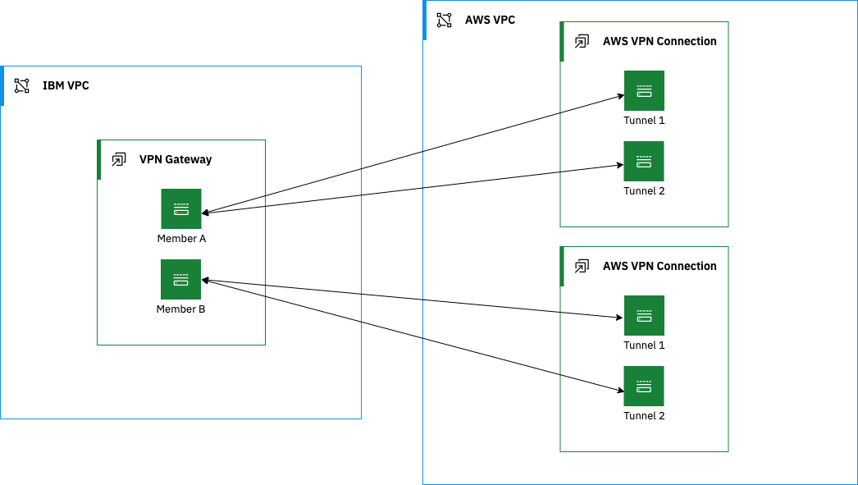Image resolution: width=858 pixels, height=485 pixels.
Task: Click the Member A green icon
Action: (181, 208)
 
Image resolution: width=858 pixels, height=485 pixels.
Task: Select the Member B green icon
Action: (181, 279)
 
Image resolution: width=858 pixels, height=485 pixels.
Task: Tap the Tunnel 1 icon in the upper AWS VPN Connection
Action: (644, 90)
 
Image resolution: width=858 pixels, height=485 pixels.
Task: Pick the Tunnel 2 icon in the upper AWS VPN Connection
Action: (644, 161)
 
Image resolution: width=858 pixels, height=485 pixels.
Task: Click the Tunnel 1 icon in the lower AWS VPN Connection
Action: (644, 315)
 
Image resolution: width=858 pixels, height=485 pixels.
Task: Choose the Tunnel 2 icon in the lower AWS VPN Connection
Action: (644, 386)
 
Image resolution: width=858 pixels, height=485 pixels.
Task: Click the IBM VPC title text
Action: (66, 85)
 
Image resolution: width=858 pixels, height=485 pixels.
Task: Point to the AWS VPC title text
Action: (490, 20)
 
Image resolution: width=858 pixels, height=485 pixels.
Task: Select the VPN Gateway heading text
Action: (176, 159)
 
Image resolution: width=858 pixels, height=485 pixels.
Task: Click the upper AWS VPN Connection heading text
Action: (659, 41)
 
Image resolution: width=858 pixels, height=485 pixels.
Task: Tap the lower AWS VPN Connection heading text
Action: (659, 266)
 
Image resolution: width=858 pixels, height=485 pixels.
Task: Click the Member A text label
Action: (181, 239)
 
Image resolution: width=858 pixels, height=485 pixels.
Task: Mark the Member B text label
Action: (181, 309)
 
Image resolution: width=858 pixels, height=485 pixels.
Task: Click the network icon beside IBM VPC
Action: (22, 85)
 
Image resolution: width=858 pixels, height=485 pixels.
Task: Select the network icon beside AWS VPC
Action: (444, 20)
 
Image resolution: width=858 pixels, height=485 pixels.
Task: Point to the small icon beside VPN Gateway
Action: (119, 159)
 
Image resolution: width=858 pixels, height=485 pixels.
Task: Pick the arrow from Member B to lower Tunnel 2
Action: (410, 333)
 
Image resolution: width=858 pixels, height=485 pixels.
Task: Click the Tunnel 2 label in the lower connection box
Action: (644, 416)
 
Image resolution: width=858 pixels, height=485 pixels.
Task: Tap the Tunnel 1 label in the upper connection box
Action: (644, 121)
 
